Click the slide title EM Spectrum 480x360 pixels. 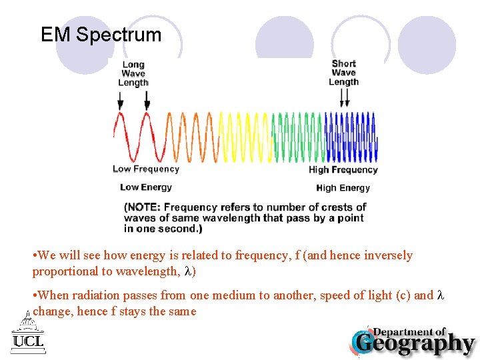(101, 35)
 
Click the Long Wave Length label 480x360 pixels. (133, 74)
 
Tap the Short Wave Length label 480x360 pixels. (343, 73)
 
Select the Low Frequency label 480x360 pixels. (146, 169)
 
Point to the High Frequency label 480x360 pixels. (343, 170)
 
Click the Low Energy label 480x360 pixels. (146, 187)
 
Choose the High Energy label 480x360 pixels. (343, 188)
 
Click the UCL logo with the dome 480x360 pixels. (28, 333)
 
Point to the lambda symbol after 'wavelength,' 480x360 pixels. (188, 271)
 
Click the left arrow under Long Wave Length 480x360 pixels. (120, 101)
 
